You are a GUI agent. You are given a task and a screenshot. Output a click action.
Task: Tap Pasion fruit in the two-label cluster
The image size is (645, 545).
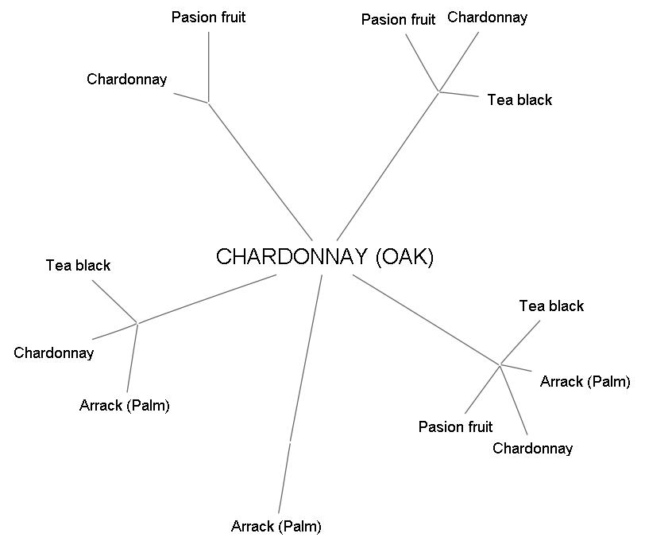pos(208,18)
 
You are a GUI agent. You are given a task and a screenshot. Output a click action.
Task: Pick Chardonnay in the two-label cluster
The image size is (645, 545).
pos(127,79)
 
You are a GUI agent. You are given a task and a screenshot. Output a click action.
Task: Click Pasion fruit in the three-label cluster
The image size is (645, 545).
pos(398,20)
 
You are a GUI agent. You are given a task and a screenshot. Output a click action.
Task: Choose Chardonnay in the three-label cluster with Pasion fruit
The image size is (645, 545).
pos(487,17)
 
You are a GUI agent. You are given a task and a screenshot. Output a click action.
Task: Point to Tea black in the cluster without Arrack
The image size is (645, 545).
pos(519,99)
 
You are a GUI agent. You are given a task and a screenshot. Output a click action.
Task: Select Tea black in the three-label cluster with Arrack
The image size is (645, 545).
pos(78,265)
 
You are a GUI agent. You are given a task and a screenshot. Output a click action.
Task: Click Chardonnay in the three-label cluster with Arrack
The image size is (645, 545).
pos(54,352)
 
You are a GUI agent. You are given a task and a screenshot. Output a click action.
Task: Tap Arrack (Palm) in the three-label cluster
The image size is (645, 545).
pos(125,405)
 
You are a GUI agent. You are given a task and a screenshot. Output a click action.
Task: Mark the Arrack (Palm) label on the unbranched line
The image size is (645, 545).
pos(276,526)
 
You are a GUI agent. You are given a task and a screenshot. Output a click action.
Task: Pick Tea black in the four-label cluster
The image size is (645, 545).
pos(551,306)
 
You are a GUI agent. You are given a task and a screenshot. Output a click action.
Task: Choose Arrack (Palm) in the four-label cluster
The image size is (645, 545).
pos(585,381)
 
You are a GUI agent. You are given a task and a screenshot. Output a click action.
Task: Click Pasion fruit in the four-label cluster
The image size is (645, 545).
pos(455,426)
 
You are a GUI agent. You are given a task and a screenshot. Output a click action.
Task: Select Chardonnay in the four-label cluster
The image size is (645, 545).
pos(532,448)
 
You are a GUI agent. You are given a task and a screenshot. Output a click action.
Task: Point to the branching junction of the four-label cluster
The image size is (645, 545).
pos(500,365)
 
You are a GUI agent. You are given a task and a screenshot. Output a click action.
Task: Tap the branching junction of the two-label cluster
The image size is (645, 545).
pos(208,102)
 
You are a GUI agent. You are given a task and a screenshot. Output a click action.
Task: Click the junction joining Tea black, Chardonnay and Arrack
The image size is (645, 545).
pos(137,323)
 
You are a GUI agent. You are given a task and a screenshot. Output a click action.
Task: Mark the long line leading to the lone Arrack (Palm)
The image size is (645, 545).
pos(299,398)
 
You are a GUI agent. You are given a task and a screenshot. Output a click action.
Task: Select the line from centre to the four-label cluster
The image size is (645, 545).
pos(426,320)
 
